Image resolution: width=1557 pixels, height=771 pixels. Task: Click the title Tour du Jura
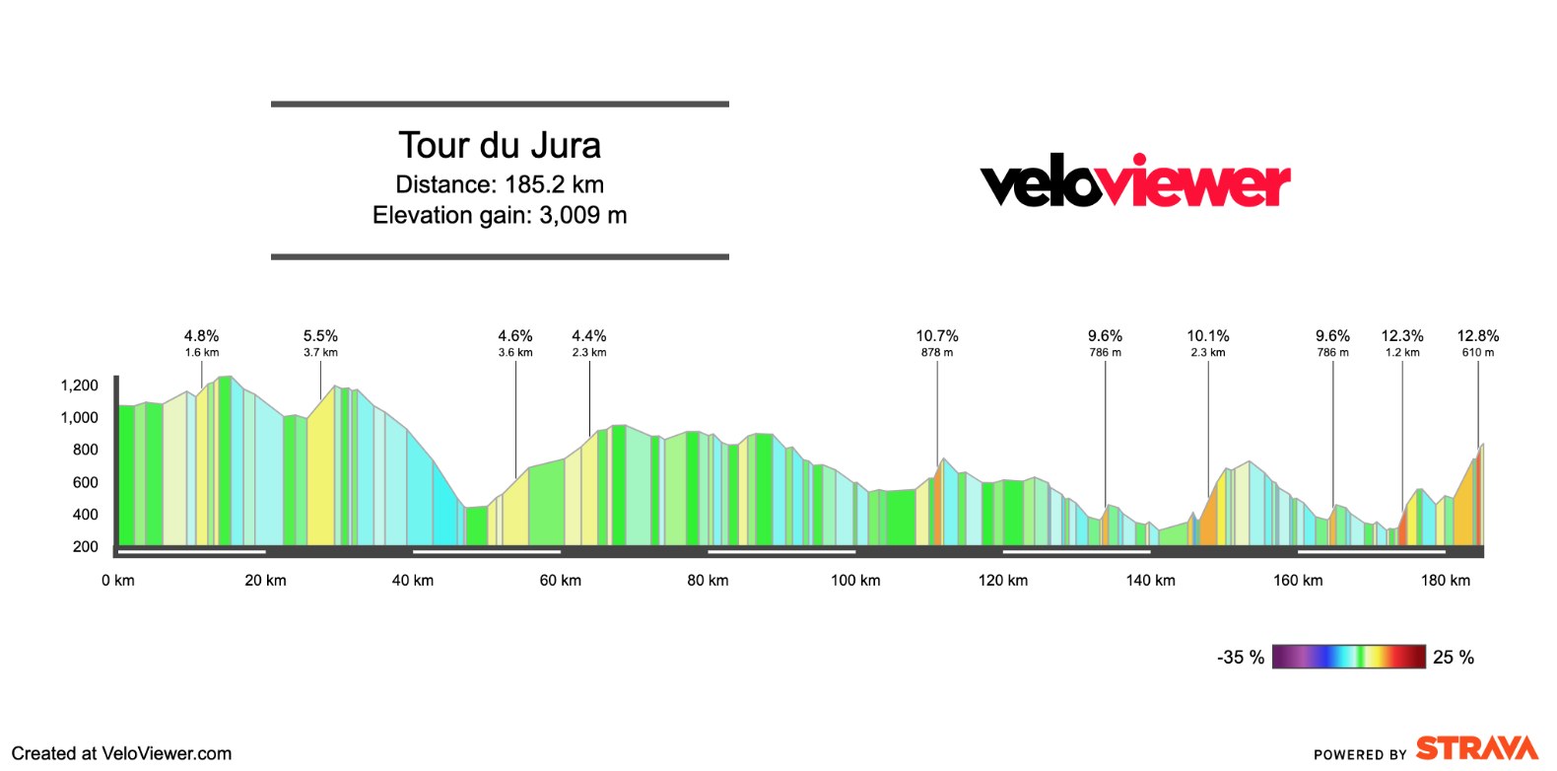tap(500, 146)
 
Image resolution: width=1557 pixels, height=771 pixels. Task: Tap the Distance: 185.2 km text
tap(500, 184)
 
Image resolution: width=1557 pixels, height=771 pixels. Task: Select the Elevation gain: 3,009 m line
tap(500, 215)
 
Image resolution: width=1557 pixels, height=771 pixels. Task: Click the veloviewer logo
tap(1135, 181)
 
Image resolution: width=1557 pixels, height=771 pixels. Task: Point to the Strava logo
tap(1476, 748)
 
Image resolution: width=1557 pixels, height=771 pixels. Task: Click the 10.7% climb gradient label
tap(937, 336)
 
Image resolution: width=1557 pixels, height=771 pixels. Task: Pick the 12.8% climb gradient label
tap(1478, 336)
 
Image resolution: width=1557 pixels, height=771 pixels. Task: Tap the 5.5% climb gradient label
tap(320, 336)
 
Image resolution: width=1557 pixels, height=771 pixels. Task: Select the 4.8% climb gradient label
tap(202, 336)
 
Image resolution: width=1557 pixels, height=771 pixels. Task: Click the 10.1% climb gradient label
tap(1208, 336)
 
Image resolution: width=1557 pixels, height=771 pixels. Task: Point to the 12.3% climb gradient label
tap(1402, 336)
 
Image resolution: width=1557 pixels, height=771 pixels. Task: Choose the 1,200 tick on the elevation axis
tap(80, 385)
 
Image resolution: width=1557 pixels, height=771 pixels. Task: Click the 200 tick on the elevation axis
tap(86, 546)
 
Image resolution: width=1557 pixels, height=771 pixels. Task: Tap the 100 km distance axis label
tap(855, 581)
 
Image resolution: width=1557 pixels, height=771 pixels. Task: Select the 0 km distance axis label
tap(118, 581)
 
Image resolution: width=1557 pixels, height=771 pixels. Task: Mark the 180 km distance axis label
tap(1446, 581)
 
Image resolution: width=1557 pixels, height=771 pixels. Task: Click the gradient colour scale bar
tap(1348, 657)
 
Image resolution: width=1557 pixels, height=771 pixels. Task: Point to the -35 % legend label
tap(1241, 658)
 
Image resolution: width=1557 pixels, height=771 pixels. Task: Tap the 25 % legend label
tap(1454, 658)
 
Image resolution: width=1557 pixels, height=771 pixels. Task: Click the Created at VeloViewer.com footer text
tap(121, 753)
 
